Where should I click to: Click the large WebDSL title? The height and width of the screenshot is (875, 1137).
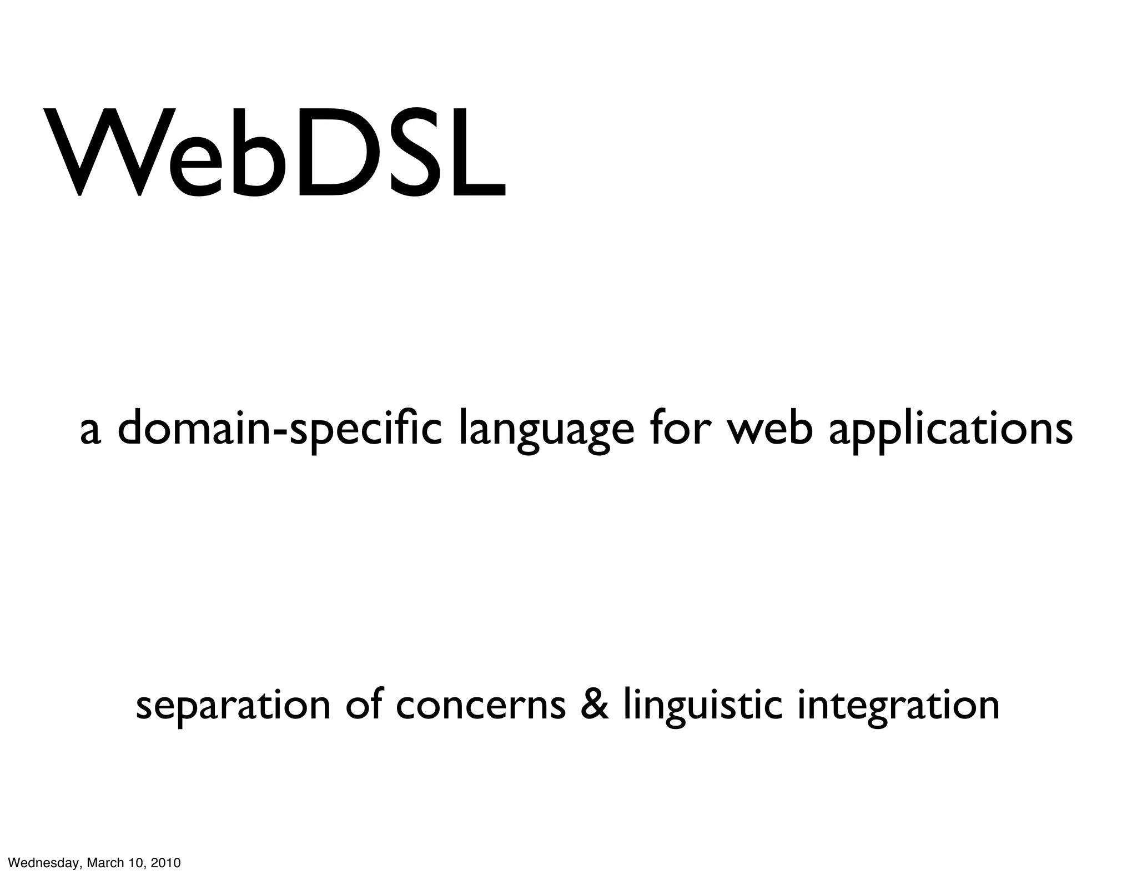(275, 153)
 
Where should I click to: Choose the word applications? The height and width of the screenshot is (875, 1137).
(950, 430)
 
